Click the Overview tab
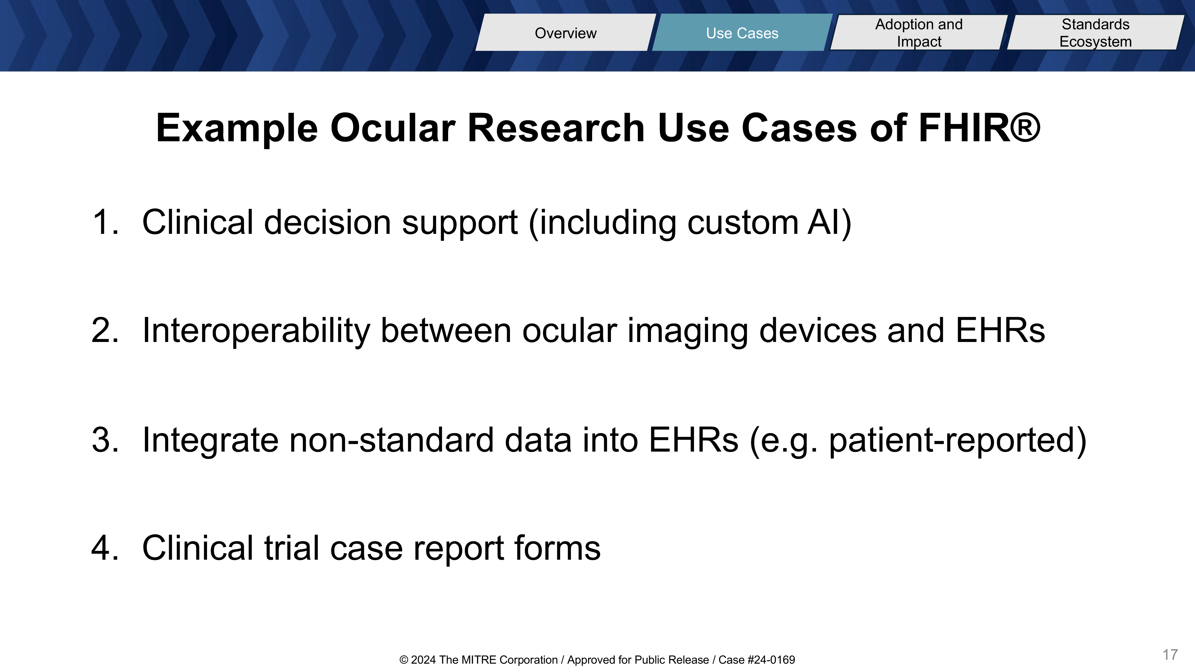[566, 33]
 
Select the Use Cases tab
[742, 33]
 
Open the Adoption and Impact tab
[919, 33]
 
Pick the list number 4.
[105, 548]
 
